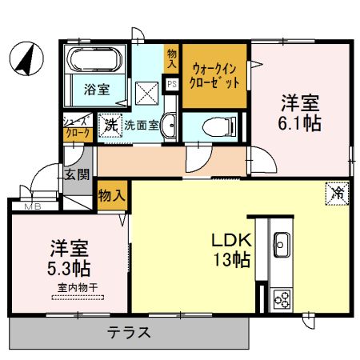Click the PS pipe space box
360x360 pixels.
tap(171, 83)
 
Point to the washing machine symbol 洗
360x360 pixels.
tap(110, 126)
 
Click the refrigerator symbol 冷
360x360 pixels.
tap(337, 192)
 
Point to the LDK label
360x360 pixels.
tap(231, 238)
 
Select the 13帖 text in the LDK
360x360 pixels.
tap(232, 259)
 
